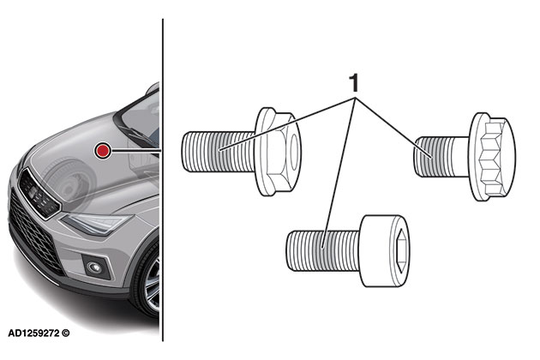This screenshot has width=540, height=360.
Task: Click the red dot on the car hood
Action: (x=104, y=152)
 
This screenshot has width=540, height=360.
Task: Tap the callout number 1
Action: (x=351, y=83)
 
